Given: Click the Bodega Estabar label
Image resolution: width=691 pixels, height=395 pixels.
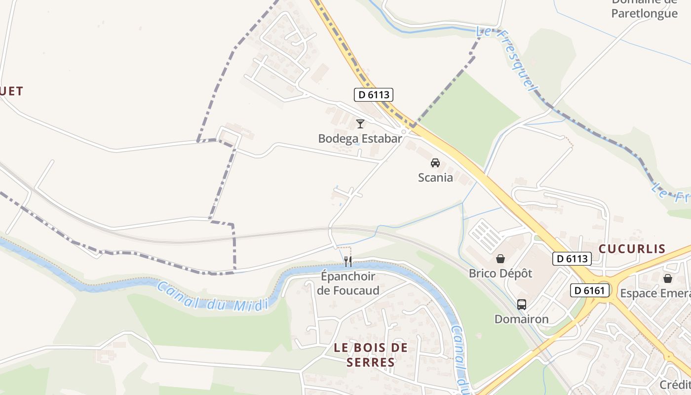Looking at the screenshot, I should [x=360, y=138].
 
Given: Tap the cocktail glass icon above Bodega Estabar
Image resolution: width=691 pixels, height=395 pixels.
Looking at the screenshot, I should [x=360, y=123].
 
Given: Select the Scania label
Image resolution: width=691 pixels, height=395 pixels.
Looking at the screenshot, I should [x=435, y=177].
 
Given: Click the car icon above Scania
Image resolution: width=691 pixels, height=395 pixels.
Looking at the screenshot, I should [x=435, y=162].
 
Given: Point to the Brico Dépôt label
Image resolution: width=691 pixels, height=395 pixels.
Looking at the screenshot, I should [x=500, y=273].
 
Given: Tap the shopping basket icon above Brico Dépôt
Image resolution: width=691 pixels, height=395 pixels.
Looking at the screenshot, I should [x=500, y=258].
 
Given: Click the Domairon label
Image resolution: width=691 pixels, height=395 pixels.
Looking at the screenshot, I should [x=522, y=319].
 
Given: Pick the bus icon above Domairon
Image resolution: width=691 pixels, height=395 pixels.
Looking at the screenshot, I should [x=522, y=304].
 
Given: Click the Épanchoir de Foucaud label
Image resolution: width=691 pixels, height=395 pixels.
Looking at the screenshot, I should [x=348, y=283].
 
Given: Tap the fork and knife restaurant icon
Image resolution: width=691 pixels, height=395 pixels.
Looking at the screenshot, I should [x=348, y=262].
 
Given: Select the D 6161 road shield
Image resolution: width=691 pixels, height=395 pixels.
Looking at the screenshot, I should [x=590, y=290].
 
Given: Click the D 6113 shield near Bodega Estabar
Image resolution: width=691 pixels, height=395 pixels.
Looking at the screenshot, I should [x=374, y=94].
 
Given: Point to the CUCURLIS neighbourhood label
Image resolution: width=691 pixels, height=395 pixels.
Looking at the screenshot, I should [x=632, y=248].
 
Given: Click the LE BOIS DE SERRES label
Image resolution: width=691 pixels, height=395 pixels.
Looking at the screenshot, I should [x=371, y=355].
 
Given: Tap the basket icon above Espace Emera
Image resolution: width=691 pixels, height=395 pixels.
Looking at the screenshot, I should [x=668, y=278].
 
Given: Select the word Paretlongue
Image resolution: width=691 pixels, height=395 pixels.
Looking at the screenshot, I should [x=644, y=13].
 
